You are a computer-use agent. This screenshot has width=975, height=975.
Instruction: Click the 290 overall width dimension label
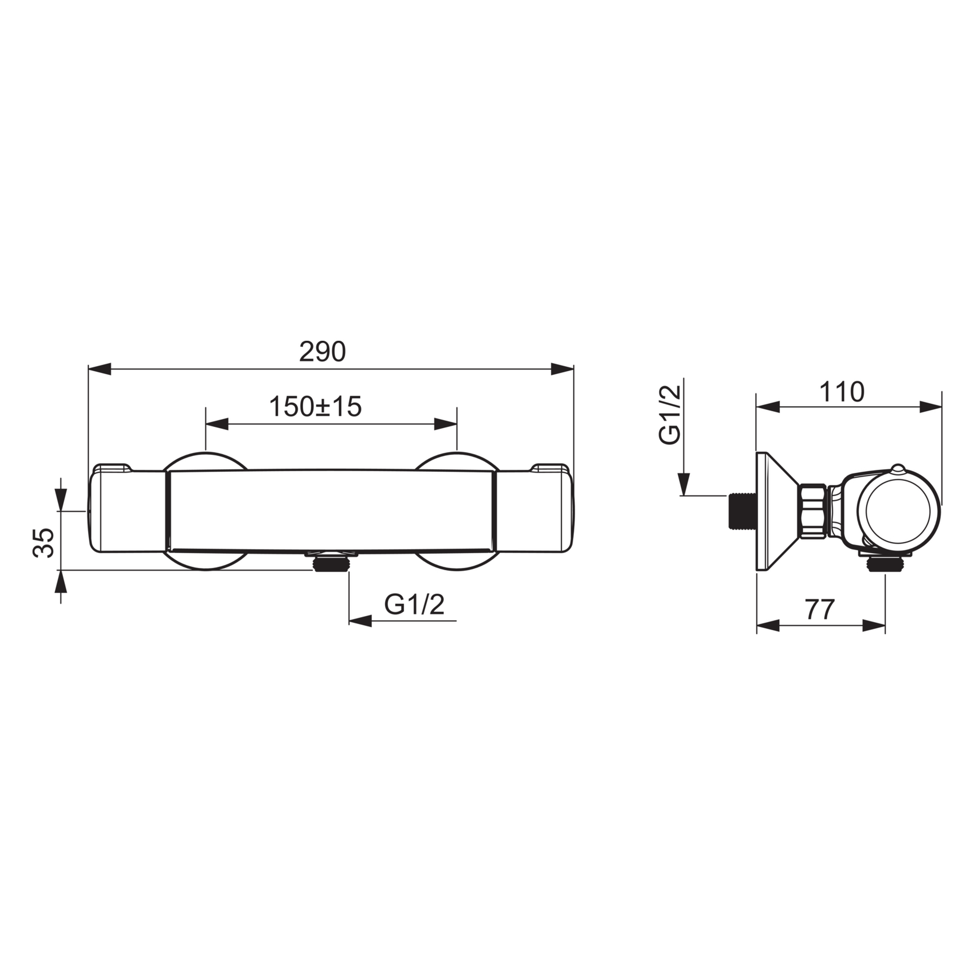(x=322, y=351)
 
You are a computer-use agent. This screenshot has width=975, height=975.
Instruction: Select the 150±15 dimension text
(x=315, y=406)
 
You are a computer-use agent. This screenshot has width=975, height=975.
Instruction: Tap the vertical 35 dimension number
(x=44, y=543)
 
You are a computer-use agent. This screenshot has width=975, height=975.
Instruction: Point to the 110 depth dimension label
(x=841, y=392)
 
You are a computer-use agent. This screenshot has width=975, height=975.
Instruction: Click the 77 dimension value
(x=820, y=609)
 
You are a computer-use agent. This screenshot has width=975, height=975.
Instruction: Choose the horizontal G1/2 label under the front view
(x=414, y=604)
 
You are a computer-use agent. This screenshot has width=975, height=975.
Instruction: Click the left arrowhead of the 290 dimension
(x=100, y=369)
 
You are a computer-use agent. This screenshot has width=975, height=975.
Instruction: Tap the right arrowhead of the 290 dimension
(x=562, y=369)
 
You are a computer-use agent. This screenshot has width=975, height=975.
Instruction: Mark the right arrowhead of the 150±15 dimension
(x=445, y=424)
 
